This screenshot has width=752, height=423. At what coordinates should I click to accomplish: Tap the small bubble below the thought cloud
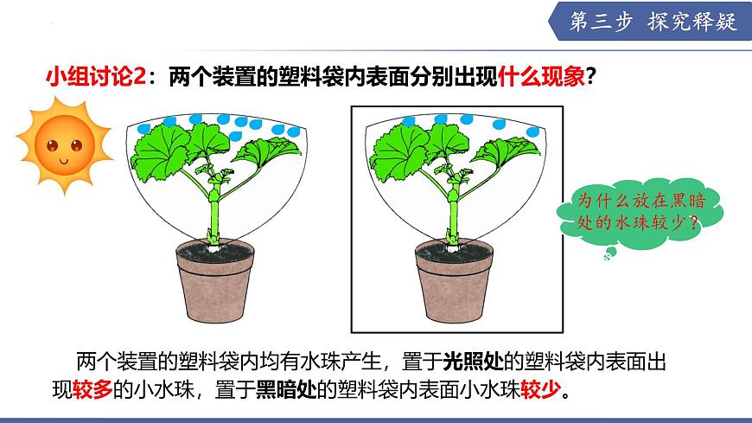tap(610, 253)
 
